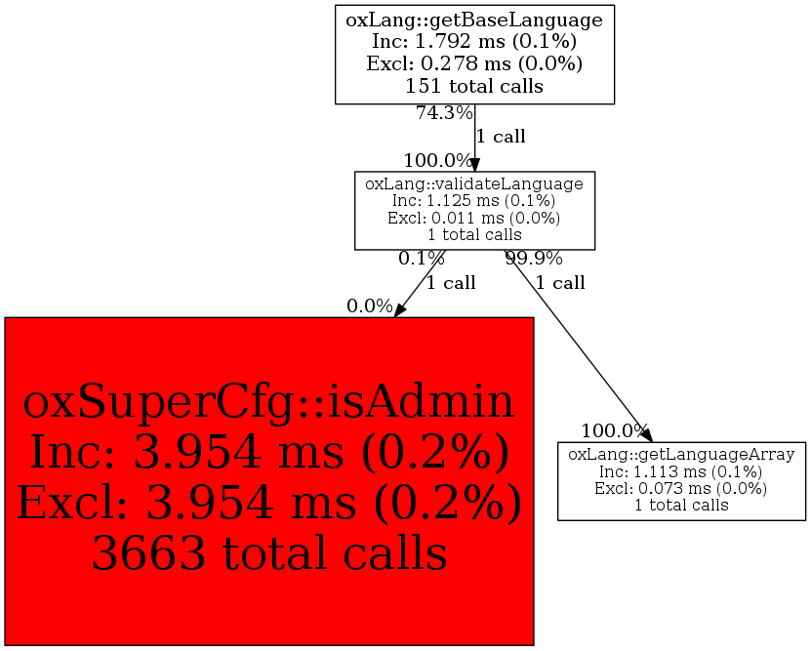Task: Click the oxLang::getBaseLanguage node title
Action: pyautogui.click(x=474, y=19)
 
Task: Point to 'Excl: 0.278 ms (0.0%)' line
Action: pyautogui.click(x=474, y=63)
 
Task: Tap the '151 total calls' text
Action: pyautogui.click(x=474, y=86)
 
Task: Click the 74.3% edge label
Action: pyautogui.click(x=444, y=113)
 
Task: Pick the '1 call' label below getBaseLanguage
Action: pyautogui.click(x=501, y=137)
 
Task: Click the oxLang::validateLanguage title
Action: pyautogui.click(x=474, y=183)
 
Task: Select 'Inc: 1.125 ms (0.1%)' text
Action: pyautogui.click(x=474, y=201)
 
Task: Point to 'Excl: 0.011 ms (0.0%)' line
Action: pyautogui.click(x=474, y=218)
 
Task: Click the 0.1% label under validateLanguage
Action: pyautogui.click(x=421, y=259)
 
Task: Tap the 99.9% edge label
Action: pyautogui.click(x=533, y=259)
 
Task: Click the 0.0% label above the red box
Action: pyautogui.click(x=369, y=306)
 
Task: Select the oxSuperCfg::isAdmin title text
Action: pyautogui.click(x=268, y=402)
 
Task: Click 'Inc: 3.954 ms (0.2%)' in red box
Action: pyautogui.click(x=268, y=453)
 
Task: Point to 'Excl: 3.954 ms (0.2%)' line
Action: pyautogui.click(x=268, y=504)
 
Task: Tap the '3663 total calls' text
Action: pyautogui.click(x=268, y=554)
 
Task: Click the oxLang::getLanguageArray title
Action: pyautogui.click(x=681, y=455)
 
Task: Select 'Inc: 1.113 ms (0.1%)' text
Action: pyautogui.click(x=681, y=471)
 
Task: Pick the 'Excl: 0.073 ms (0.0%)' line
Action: pyautogui.click(x=681, y=488)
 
